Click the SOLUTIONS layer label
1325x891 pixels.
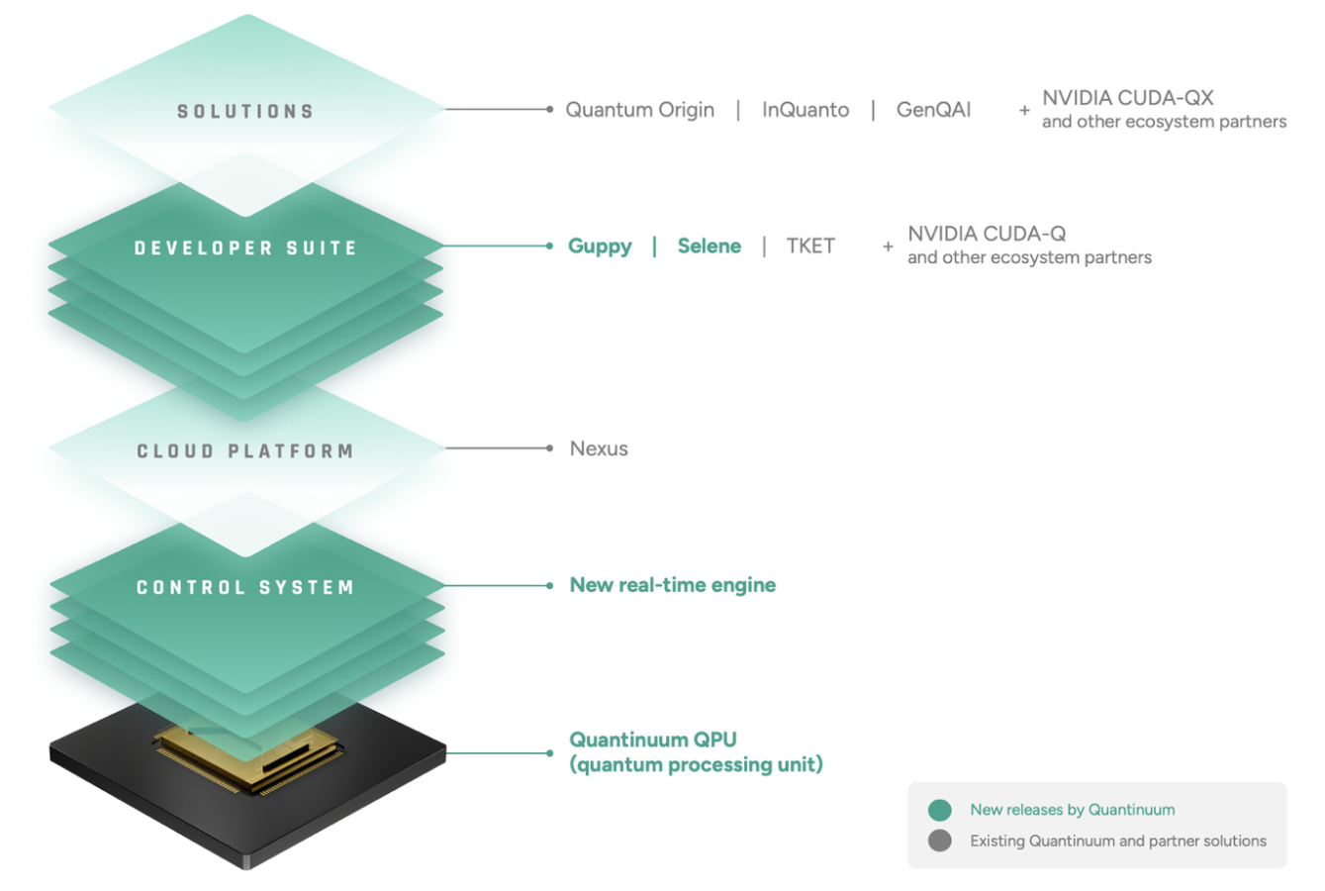(x=245, y=111)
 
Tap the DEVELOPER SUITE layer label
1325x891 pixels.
(x=245, y=247)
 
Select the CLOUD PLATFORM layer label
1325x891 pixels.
(x=245, y=451)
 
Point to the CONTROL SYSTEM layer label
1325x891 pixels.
(x=245, y=587)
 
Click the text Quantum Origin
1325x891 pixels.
(x=639, y=110)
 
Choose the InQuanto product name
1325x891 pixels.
(x=805, y=110)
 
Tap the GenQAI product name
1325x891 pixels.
(x=933, y=110)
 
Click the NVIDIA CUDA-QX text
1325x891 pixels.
(x=1127, y=98)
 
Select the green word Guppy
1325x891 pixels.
(x=600, y=247)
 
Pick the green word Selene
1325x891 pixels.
(x=709, y=247)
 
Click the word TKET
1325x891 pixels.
(x=810, y=247)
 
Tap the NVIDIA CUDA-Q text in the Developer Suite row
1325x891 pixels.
(x=987, y=234)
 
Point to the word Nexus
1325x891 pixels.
(x=599, y=448)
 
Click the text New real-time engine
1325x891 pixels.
(x=672, y=585)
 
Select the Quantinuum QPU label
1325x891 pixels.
(x=653, y=740)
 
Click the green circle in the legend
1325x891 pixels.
(x=940, y=810)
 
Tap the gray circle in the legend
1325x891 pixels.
(x=940, y=841)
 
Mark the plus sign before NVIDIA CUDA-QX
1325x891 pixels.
(x=1024, y=111)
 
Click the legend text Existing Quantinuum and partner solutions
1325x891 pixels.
(x=1117, y=841)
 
